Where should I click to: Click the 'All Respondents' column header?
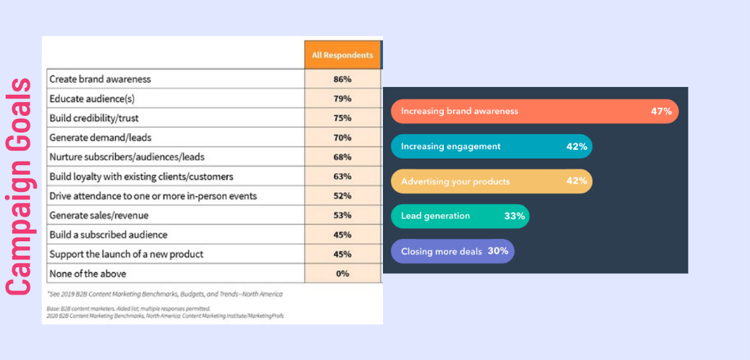[x=342, y=55]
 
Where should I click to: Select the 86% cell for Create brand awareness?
[x=342, y=79]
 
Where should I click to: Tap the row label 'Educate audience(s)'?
[x=92, y=99]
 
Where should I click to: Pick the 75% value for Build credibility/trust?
[x=342, y=118]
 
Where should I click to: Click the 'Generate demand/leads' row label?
[x=100, y=137]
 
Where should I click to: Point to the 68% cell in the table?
[x=342, y=157]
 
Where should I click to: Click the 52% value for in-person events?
[x=342, y=196]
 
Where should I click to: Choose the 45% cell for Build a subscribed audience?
[x=342, y=235]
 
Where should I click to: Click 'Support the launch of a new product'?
[x=126, y=254]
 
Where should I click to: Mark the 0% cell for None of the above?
[x=342, y=274]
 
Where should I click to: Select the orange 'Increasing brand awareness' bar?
[x=534, y=112]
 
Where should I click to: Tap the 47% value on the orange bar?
[x=661, y=112]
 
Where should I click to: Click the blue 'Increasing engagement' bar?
[x=491, y=147]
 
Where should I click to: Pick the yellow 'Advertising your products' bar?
[x=491, y=181]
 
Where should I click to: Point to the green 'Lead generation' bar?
[x=460, y=216]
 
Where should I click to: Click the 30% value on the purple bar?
[x=498, y=251]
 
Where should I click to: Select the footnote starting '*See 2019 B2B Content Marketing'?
[x=165, y=294]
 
